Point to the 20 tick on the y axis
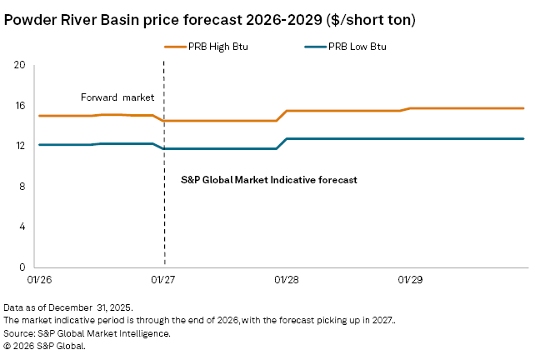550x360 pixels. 21,66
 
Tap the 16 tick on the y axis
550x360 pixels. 21,106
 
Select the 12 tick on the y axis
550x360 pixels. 21,146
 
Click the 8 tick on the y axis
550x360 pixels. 23,187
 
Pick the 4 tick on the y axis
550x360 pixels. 23,227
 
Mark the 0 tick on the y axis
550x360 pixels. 23,267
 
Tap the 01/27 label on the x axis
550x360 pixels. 163,281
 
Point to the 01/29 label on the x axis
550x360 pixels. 410,281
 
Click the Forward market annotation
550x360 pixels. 117,97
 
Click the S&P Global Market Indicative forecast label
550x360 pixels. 268,179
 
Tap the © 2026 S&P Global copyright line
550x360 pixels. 56,345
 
